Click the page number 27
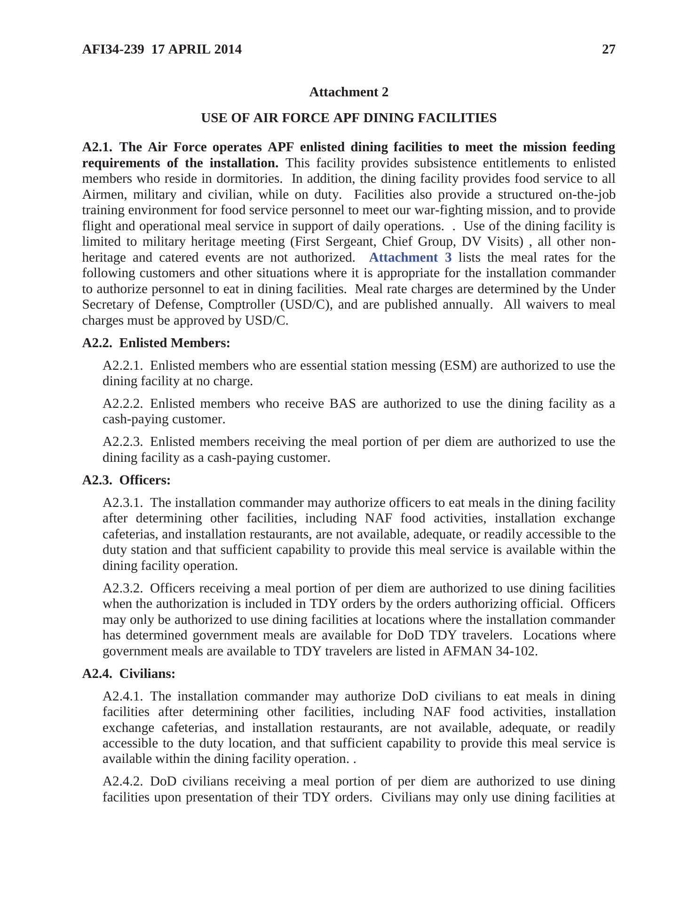point(608,49)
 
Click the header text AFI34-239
point(113,49)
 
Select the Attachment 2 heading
point(349,92)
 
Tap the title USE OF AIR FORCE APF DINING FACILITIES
point(349,118)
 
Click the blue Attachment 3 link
point(410,257)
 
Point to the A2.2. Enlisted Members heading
point(156,343)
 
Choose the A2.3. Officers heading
point(126,480)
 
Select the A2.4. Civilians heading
point(128,674)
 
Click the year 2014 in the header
point(227,49)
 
